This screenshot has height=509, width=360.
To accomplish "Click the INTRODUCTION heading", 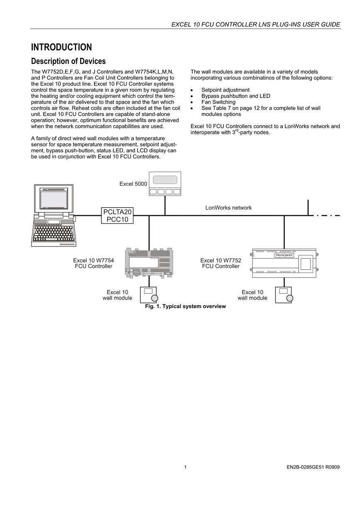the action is tap(61, 47).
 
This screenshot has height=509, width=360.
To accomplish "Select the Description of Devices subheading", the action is tap(68, 61).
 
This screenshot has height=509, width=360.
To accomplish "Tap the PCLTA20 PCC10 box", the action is tap(117, 215).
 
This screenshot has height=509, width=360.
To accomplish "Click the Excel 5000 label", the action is tap(133, 184).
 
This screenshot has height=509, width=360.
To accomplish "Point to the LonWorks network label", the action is tap(228, 208).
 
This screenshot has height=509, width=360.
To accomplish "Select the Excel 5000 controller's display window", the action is tap(165, 180).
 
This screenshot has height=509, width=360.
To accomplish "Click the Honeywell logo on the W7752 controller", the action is tap(284, 255).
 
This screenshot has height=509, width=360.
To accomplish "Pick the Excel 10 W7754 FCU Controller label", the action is tap(93, 263).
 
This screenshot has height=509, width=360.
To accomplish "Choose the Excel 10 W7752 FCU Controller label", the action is tap(220, 263).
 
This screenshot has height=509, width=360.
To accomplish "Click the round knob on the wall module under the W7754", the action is tap(154, 298).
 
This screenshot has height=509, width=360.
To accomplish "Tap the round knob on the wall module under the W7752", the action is tap(289, 298).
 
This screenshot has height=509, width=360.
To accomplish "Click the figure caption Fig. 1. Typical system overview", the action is tap(185, 306).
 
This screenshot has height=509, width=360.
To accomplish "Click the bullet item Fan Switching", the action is tap(218, 102).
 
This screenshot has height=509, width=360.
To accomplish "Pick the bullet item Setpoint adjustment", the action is tap(225, 90).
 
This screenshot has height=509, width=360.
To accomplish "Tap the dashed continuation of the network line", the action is tap(327, 215).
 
